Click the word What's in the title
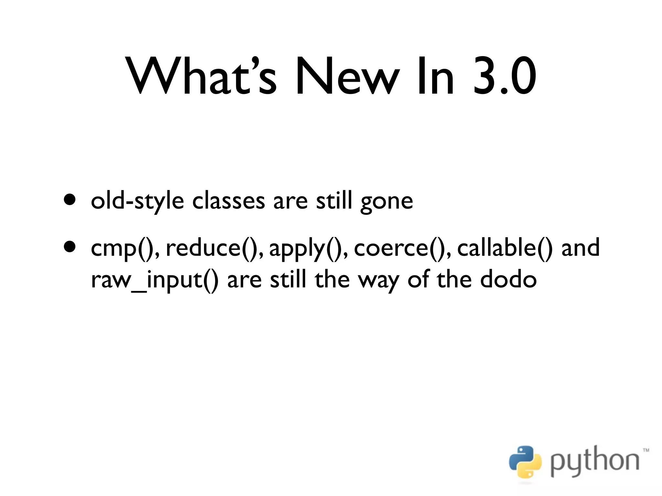(x=202, y=76)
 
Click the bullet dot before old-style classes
(x=70, y=199)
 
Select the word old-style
(x=137, y=201)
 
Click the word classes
(x=228, y=201)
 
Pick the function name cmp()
(x=124, y=248)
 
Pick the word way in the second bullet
(x=378, y=281)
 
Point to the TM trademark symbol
(x=646, y=450)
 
